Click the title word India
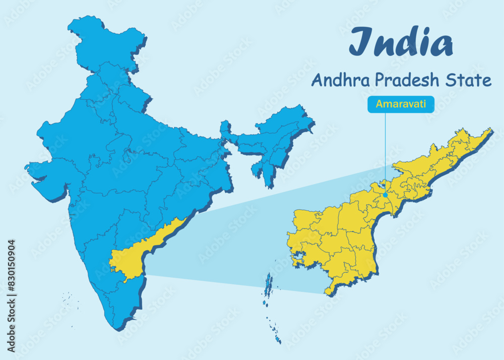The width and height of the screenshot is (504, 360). pos(401,42)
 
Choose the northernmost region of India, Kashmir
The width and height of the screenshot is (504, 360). pos(106,40)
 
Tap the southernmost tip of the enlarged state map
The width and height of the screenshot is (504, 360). pos(328,292)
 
